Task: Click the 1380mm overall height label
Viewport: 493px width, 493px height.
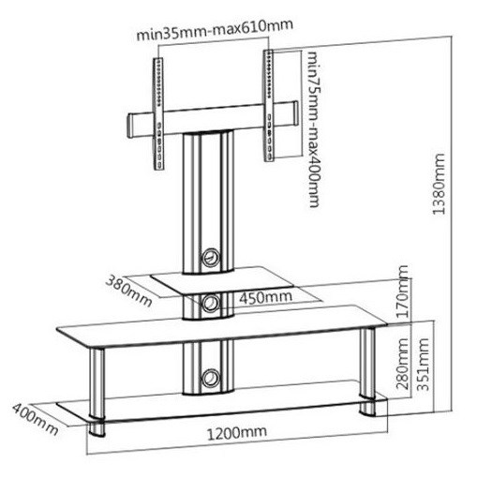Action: point(439,184)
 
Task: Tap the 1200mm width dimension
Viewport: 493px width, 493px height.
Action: point(237,433)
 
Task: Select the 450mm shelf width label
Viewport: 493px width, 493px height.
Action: point(265,297)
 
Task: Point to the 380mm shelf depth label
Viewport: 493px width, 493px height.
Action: point(128,291)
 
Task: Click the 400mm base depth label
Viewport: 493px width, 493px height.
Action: point(36,420)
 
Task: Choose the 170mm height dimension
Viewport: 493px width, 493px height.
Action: point(403,291)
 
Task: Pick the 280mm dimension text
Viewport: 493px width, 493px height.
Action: point(403,364)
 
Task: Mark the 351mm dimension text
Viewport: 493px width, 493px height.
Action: point(423,365)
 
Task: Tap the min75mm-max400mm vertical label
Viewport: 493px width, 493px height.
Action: point(314,129)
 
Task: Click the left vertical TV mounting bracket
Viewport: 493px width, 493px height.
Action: point(158,113)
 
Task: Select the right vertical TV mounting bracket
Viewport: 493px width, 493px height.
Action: point(269,106)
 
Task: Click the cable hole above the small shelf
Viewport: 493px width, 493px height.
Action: point(210,258)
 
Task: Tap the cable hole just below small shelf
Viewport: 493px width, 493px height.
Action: point(210,303)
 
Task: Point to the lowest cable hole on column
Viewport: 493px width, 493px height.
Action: point(210,379)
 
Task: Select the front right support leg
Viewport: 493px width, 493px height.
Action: point(367,372)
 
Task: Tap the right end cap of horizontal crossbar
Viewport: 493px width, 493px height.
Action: point(294,113)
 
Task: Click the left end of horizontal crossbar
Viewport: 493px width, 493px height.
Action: point(129,127)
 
